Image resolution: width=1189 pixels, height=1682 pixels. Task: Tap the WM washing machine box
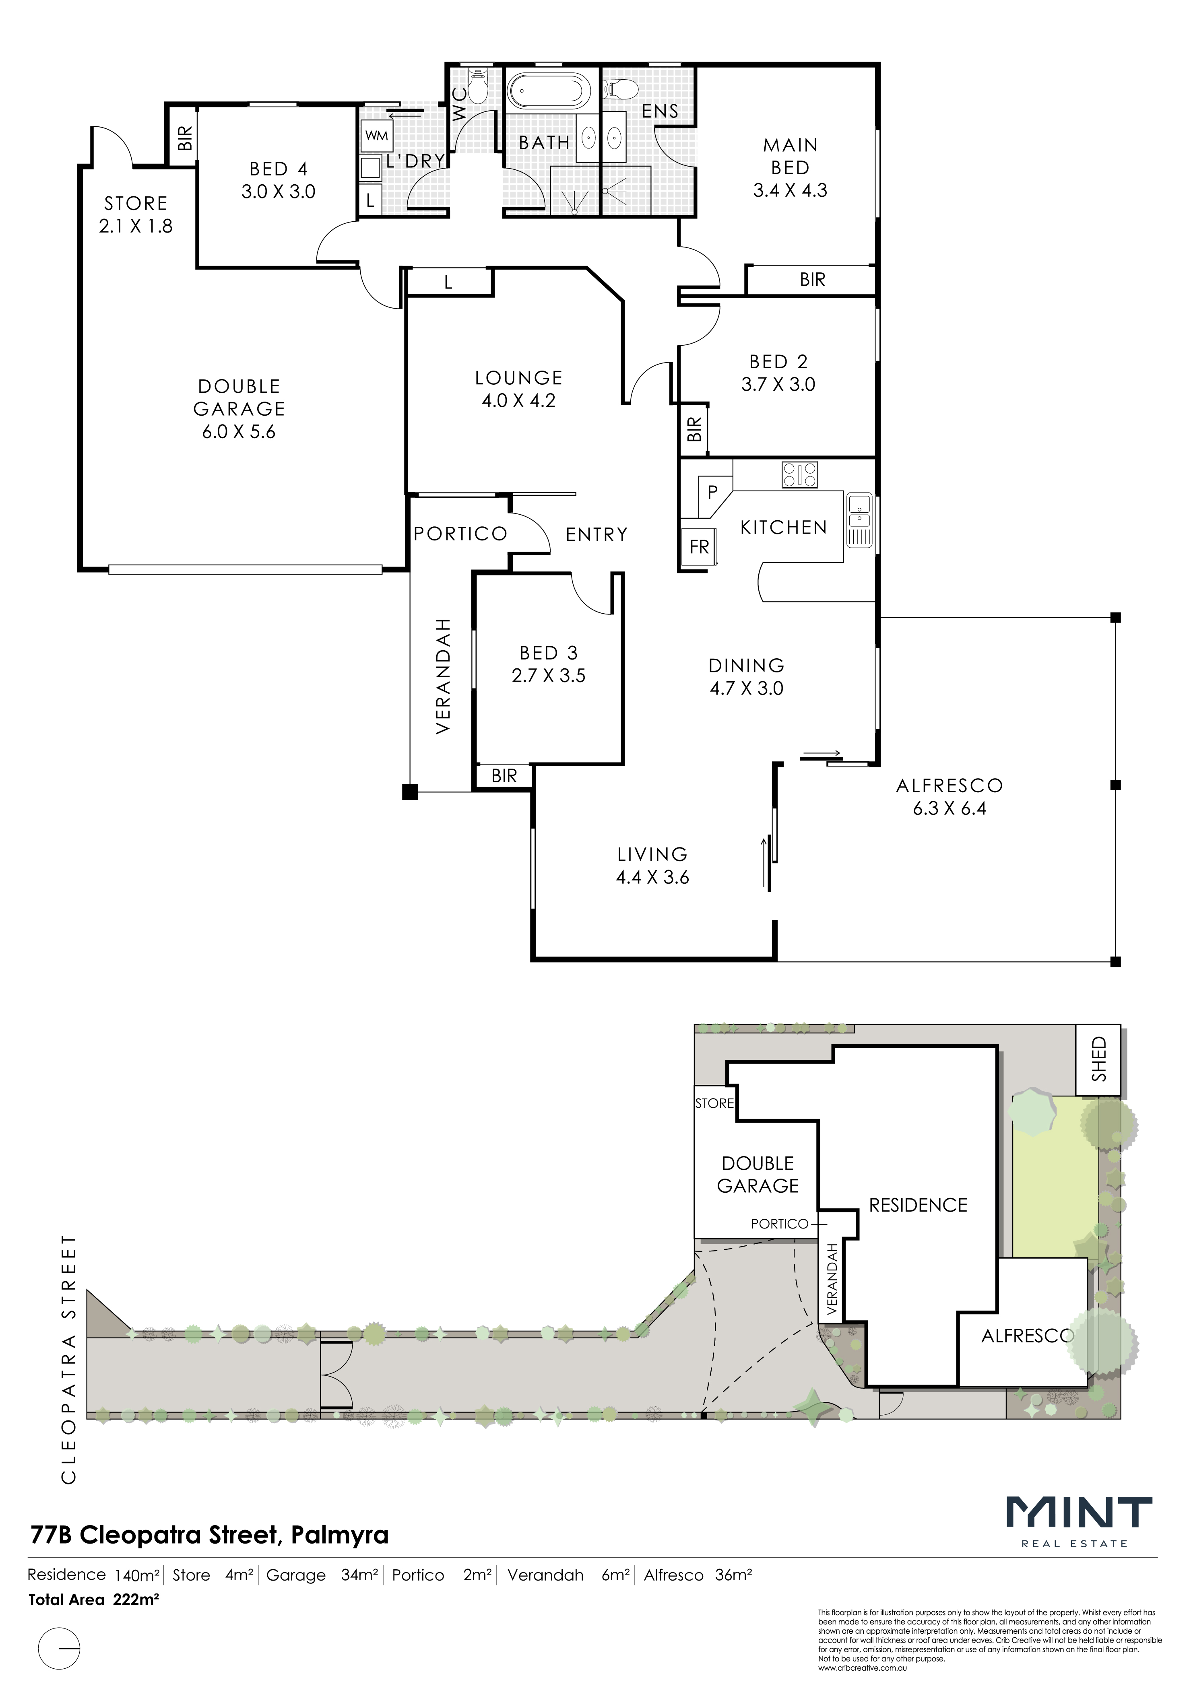point(377,136)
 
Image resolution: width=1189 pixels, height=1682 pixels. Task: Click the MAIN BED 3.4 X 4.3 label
point(790,168)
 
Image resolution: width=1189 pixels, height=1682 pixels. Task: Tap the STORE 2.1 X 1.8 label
point(136,214)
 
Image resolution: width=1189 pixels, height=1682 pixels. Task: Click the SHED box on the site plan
point(1098,1060)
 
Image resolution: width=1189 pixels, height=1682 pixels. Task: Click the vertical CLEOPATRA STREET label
point(69,1359)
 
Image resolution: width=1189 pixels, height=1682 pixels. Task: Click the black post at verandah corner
point(409,792)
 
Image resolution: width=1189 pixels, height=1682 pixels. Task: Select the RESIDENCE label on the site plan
point(918,1205)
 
